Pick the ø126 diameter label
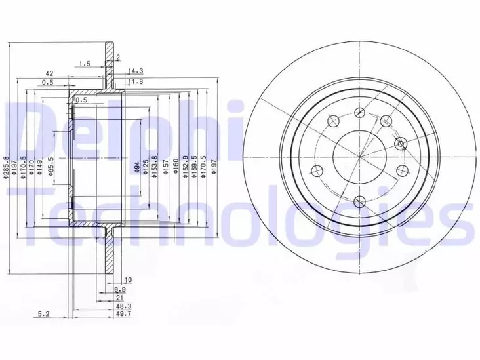click(146, 168)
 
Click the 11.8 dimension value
click(136, 81)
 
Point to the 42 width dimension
click(49, 73)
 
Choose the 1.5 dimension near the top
click(84, 64)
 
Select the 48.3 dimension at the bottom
click(123, 306)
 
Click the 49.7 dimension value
click(123, 315)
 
